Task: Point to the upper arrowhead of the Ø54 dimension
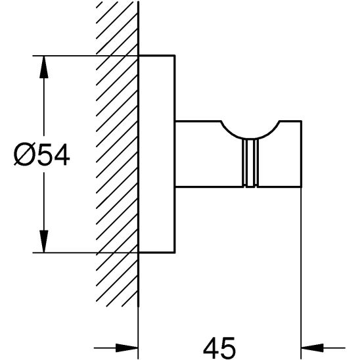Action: pos(43,63)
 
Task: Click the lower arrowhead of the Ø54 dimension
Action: pos(43,244)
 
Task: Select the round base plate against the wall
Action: pos(157,153)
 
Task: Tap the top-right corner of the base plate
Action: pos(175,55)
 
